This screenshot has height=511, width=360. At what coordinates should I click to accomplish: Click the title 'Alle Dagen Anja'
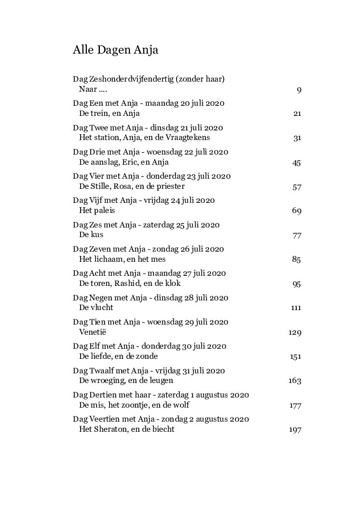tap(115, 50)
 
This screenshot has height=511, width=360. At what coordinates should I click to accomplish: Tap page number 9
tap(299, 90)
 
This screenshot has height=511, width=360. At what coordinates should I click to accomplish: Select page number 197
tap(295, 430)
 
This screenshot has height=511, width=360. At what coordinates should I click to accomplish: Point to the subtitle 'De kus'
tap(91, 235)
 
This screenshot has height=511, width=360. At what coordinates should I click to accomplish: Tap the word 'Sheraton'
tap(110, 429)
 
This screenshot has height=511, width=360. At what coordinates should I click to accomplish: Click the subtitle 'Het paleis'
tap(97, 211)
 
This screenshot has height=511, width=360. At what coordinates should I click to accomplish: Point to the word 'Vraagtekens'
tap(188, 138)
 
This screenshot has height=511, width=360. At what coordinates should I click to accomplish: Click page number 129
tap(295, 333)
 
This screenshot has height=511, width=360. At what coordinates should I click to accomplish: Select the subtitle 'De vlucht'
tap(96, 308)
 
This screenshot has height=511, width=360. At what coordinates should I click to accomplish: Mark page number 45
tap(297, 163)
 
